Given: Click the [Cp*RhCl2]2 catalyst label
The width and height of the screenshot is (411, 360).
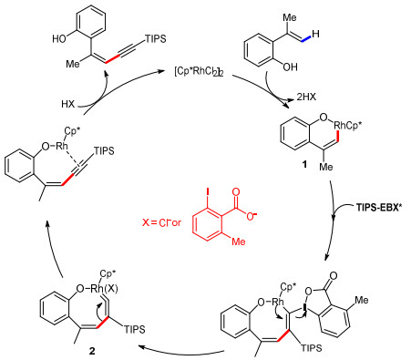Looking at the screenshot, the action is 199,73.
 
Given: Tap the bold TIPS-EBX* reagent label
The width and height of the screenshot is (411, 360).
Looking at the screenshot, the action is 380,208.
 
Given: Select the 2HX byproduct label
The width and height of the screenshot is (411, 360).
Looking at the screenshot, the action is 306,97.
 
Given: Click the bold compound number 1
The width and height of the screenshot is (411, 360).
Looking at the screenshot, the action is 304,164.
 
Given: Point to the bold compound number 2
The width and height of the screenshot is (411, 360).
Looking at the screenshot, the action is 92,351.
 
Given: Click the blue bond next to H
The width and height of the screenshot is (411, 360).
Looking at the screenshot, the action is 305,38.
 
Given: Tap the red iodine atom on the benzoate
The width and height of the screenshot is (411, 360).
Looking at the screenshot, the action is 208,191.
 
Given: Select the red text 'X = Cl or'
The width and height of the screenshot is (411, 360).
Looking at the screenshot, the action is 161,222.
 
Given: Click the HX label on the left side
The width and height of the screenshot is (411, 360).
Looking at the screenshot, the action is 67,104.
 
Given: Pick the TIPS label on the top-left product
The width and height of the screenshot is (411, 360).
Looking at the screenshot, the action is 156,39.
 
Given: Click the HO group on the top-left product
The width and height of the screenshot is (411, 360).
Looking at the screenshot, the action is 59,39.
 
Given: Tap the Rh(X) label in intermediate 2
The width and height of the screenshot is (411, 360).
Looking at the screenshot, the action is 104,289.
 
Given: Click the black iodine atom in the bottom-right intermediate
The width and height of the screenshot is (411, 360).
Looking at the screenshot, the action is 304,309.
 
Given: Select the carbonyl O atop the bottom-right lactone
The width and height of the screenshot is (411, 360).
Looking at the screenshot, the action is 333,276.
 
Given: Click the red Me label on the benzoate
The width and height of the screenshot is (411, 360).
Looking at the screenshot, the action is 239,242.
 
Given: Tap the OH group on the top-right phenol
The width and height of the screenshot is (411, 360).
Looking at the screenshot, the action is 290,67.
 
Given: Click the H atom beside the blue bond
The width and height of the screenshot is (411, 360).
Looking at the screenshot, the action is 315,34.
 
